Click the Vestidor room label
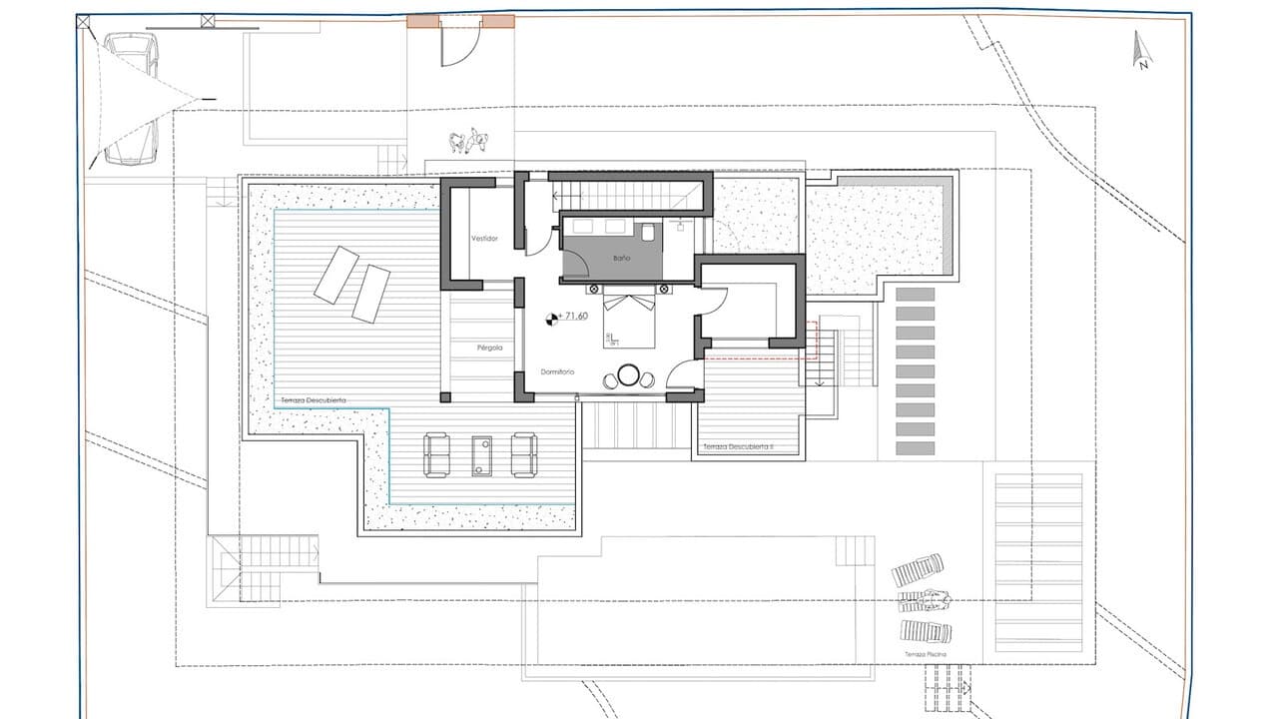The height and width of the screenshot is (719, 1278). point(484,239)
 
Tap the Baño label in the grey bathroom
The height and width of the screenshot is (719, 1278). point(621,259)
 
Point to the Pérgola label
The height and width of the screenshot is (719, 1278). point(489,348)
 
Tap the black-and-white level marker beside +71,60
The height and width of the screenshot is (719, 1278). point(550,320)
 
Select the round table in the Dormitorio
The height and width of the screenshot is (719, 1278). point(628,376)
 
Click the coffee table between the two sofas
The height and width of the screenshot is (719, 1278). point(482,454)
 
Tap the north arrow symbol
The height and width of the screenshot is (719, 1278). point(1140,50)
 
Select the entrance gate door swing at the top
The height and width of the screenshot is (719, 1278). point(461,45)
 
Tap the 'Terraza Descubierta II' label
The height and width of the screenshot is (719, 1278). point(738,446)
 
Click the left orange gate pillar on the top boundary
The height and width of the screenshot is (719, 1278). point(422,22)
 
